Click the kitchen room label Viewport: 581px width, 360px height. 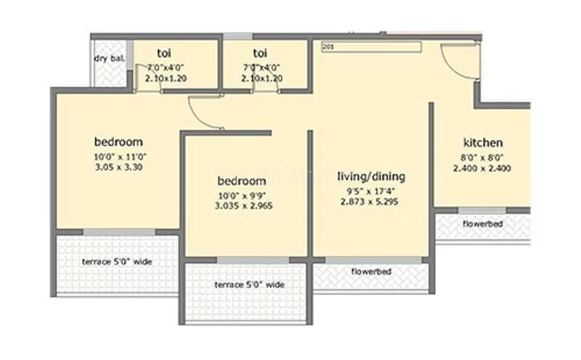click(x=483, y=143)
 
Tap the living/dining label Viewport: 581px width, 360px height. click(x=375, y=176)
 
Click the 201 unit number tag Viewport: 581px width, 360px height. click(x=327, y=47)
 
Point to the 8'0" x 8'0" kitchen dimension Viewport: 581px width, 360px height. click(x=483, y=157)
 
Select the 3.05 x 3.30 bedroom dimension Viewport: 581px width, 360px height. click(x=118, y=166)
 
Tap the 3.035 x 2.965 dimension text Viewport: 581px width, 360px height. click(x=243, y=205)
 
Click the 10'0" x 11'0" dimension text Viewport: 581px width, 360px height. click(x=118, y=155)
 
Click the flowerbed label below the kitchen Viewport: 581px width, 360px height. click(x=482, y=224)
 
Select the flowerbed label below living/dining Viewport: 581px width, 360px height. click(x=371, y=271)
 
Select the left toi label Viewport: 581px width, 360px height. click(x=164, y=53)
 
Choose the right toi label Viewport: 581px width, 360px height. click(x=260, y=53)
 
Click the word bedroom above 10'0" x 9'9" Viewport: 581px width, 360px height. click(x=242, y=181)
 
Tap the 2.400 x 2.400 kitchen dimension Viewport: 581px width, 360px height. click(x=483, y=168)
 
